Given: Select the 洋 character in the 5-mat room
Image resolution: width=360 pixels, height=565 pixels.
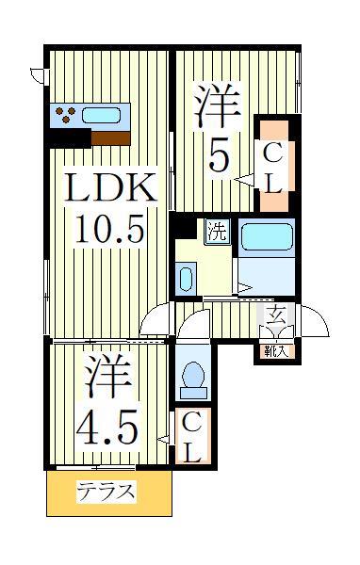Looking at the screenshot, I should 219,105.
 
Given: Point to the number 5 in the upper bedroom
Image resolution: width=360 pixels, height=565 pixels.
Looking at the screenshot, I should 219,154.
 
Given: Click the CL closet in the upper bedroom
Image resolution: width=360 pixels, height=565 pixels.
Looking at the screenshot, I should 271,167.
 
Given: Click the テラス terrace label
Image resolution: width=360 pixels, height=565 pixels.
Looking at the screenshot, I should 106,492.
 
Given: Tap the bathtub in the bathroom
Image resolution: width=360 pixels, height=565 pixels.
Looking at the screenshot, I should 267,235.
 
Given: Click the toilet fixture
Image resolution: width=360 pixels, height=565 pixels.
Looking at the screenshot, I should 194,378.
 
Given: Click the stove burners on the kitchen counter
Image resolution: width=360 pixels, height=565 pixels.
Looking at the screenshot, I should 66,116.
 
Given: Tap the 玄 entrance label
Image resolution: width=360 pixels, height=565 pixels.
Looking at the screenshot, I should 276,315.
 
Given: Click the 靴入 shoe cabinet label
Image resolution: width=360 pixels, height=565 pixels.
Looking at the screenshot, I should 276,352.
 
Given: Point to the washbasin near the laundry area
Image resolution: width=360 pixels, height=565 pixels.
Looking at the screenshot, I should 186,279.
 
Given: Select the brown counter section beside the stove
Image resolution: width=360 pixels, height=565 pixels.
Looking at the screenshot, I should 111,137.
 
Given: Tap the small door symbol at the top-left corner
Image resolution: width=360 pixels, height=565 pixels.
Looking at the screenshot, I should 36,73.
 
